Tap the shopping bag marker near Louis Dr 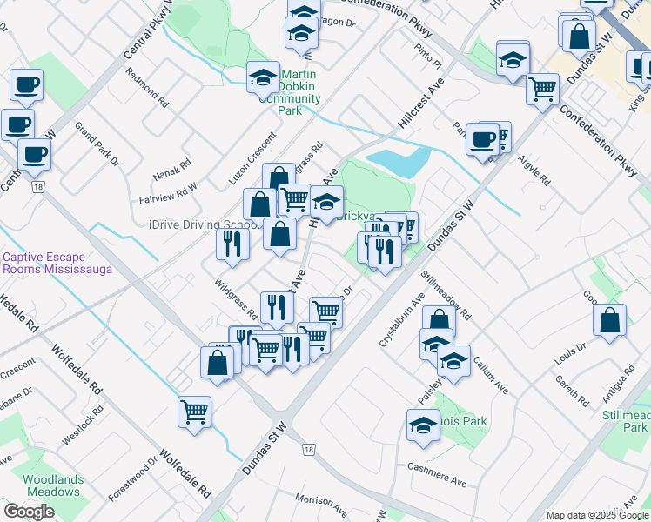click(610, 319)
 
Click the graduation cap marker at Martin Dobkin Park click(261, 78)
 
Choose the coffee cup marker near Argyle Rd click(481, 139)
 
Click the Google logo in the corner click(29, 512)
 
